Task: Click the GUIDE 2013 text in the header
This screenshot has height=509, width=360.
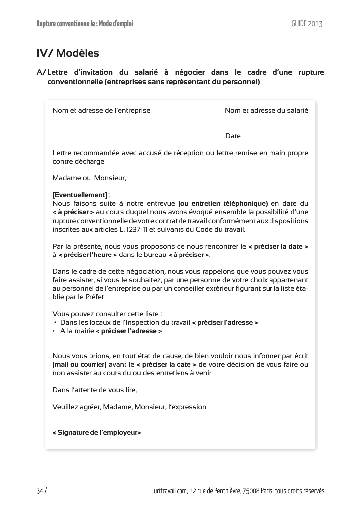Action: [x=307, y=24]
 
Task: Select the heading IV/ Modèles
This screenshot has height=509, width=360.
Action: [x=68, y=53]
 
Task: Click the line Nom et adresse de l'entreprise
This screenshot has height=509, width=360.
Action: [x=101, y=110]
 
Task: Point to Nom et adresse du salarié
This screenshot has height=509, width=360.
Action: [x=266, y=110]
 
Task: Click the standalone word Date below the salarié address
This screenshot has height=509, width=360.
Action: [x=233, y=136]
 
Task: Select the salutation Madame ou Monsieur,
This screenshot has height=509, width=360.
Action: [x=90, y=178]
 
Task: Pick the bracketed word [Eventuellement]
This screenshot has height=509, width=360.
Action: [x=80, y=195]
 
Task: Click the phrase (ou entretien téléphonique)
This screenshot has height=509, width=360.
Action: [x=223, y=203]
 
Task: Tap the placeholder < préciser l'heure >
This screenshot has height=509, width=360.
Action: [x=88, y=255]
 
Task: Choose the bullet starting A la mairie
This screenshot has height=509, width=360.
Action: [x=110, y=331]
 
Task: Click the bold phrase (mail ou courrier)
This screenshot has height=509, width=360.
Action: [x=80, y=365]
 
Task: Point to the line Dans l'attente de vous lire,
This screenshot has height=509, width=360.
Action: [x=94, y=390]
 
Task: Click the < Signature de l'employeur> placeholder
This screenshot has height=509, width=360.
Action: [x=96, y=433]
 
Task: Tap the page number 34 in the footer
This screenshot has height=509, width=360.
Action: [x=40, y=491]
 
